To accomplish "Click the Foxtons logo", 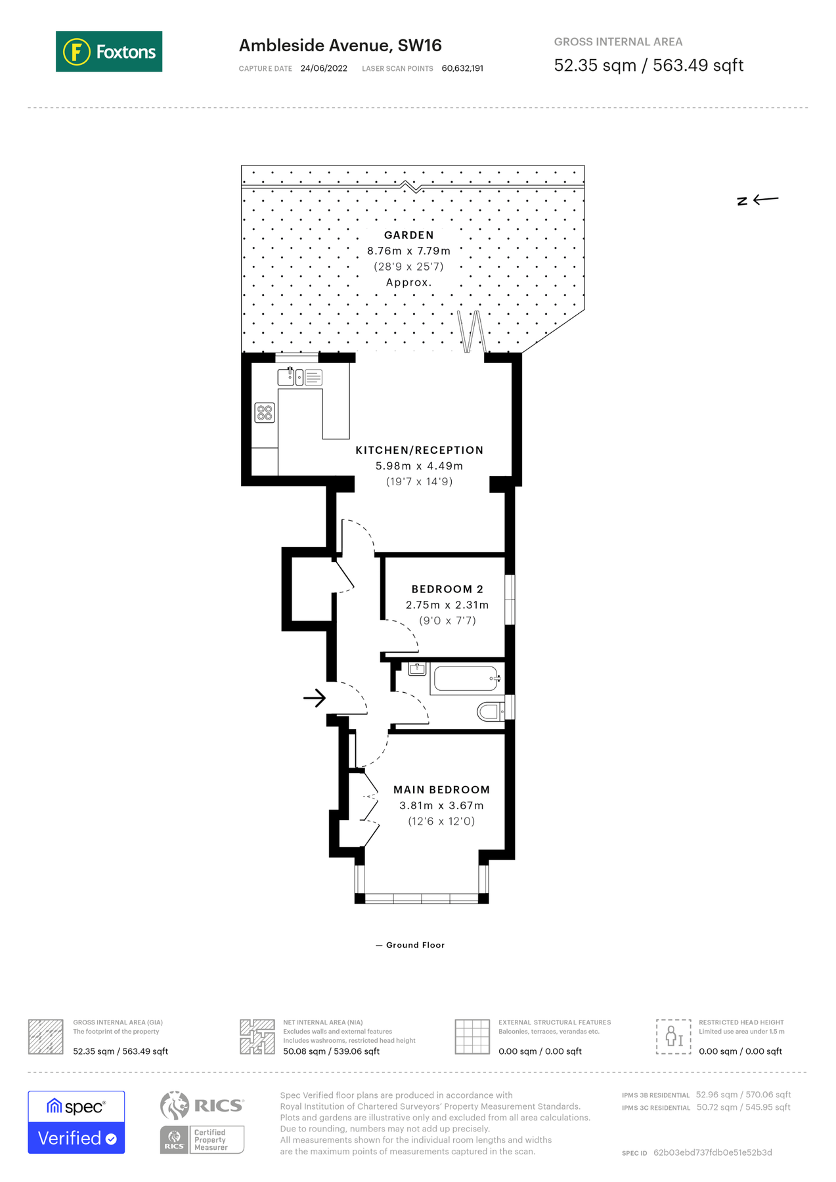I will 109,51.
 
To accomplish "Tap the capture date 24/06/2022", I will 324,68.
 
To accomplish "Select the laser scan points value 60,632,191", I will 462,68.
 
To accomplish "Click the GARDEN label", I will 408,235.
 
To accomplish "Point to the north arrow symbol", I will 757,200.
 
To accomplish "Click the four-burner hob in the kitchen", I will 265,412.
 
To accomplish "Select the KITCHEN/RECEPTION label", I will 419,450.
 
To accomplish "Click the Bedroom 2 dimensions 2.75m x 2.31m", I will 447,605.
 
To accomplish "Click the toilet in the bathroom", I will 490,711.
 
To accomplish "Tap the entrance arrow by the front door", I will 315,697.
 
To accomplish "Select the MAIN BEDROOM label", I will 441,790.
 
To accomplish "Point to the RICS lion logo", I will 175,1106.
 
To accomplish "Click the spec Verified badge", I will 76,1122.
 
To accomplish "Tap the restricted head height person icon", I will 673,1036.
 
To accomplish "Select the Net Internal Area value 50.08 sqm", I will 331,1051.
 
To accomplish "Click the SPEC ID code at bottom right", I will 712,1152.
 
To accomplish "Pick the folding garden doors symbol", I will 471,332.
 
